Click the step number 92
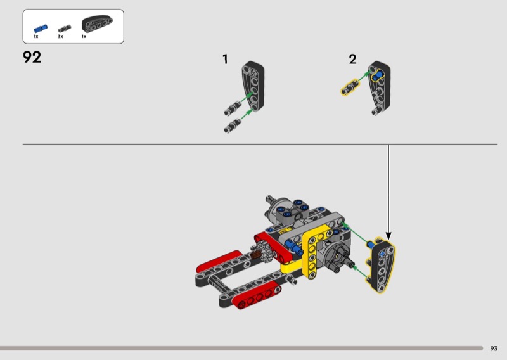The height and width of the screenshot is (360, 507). (32, 57)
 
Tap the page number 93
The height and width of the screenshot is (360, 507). (494, 349)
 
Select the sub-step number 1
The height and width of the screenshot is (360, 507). (225, 59)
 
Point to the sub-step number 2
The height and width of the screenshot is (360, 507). (352, 59)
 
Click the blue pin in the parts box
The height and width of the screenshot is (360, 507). (41, 29)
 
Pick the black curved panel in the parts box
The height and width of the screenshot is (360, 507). (97, 24)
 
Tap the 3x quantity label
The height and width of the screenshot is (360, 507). (60, 37)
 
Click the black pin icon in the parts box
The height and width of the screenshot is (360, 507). (65, 28)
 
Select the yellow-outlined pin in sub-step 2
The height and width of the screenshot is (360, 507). (350, 87)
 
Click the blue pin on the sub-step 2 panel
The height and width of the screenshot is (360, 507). (377, 77)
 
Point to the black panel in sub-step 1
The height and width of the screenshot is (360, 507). (253, 86)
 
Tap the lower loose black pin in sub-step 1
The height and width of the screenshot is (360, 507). (233, 126)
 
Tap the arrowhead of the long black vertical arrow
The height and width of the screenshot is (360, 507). (388, 236)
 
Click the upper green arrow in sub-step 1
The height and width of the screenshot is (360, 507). (247, 98)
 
